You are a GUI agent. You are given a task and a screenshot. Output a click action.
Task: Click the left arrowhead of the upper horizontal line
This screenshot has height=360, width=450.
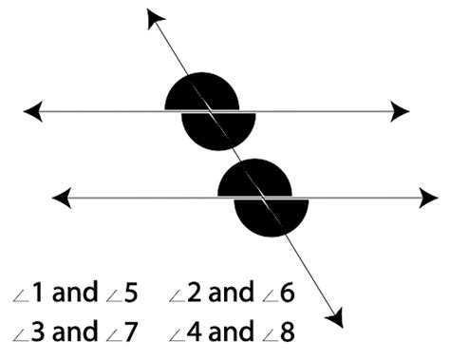[x=32, y=111]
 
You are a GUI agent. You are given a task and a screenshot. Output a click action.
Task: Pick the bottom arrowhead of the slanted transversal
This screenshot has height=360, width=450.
[x=333, y=318]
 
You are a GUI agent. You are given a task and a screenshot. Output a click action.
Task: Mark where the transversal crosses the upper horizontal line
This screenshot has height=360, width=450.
[x=209, y=111]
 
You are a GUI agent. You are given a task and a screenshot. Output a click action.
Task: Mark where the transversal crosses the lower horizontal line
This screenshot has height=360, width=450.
[x=262, y=198]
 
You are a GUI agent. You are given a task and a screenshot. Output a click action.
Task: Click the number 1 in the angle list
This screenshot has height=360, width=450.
[x=36, y=293]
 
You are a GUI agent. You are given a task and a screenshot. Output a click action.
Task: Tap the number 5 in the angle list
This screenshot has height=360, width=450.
[x=131, y=293]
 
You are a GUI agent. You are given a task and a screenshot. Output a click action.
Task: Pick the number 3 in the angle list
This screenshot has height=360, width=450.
[x=36, y=332]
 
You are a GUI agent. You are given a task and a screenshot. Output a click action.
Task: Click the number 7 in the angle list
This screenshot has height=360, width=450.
[x=131, y=332]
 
